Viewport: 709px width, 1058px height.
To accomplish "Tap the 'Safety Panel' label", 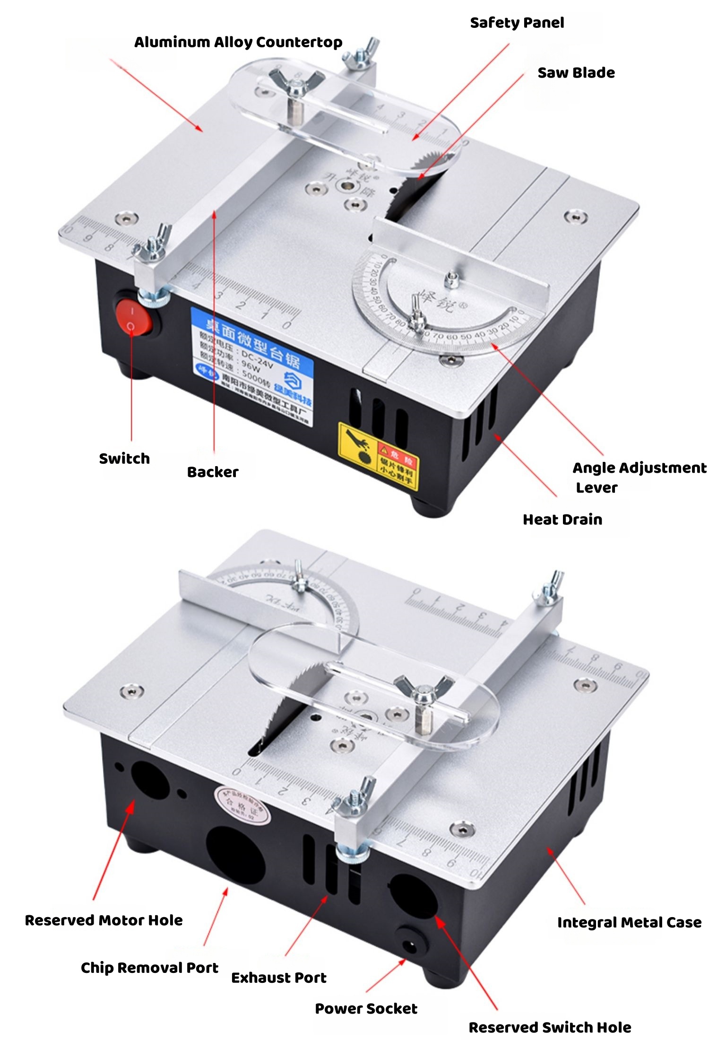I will (517, 23).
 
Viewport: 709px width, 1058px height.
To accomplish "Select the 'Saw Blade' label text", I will (576, 73).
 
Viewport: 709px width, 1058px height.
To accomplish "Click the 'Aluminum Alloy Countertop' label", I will (238, 43).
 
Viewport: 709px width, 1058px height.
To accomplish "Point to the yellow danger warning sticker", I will (379, 456).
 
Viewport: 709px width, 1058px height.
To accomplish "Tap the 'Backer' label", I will (213, 472).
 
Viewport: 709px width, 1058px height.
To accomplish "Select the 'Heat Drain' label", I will (562, 520).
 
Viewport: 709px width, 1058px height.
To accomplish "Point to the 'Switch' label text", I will (124, 459).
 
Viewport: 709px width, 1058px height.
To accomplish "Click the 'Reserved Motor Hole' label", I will (104, 920).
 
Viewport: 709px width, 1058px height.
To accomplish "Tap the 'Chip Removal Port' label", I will (149, 968).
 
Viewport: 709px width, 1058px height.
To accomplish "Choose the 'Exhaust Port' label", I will (278, 978).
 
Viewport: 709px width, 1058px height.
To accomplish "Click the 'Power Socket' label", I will (366, 1009).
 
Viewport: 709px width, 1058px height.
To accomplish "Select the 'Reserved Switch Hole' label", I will (549, 1027).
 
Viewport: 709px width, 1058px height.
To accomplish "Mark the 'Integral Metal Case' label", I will (629, 922).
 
